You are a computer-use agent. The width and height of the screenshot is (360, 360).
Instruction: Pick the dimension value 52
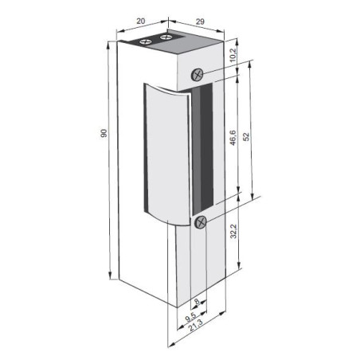pos(248,136)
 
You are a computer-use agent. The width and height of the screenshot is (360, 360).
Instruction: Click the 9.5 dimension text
pos(192,318)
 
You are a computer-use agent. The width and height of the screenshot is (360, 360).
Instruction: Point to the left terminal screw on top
pos(145,39)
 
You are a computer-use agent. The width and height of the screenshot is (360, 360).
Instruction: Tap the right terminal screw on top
pos(166,37)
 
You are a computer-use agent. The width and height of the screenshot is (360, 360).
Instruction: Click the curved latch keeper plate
pos(163,151)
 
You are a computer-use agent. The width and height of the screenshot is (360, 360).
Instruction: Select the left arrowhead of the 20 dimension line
pos(118,33)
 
